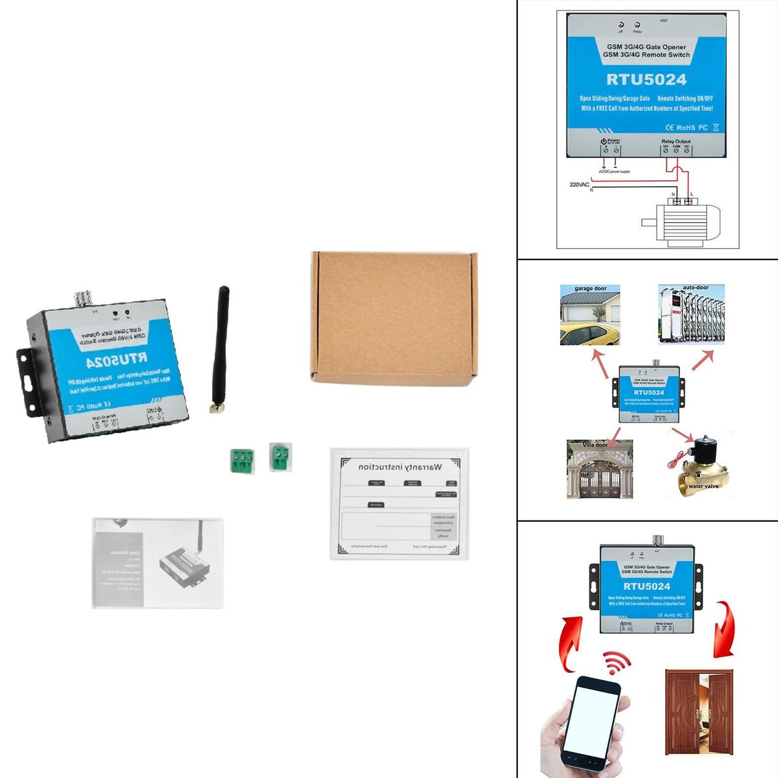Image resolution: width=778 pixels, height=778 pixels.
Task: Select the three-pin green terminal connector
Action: coord(239,460)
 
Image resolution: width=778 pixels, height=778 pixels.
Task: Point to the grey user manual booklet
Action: coord(158,562)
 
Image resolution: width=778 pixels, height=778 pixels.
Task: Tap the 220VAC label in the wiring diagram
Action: coord(579,185)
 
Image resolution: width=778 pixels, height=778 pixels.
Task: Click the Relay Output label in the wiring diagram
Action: coord(676,141)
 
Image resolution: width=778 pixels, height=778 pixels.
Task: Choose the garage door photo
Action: coord(590,316)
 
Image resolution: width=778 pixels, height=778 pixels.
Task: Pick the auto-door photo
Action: coord(691,316)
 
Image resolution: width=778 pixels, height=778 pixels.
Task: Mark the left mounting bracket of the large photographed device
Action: coord(24,375)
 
